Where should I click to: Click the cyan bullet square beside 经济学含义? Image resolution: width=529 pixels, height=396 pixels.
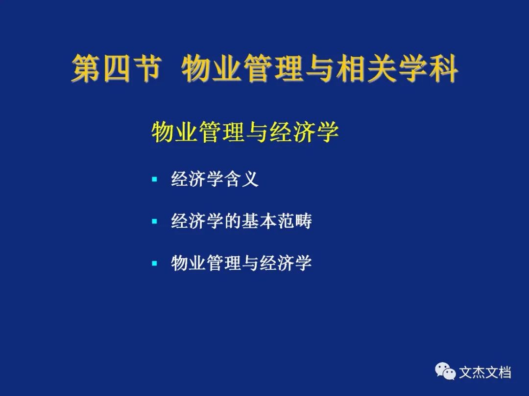(x=154, y=179)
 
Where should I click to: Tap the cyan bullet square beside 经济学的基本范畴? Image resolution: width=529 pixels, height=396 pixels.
(x=154, y=221)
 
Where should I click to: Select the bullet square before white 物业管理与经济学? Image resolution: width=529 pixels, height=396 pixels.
(x=154, y=264)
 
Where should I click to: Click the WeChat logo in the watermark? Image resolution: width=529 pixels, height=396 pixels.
(x=445, y=371)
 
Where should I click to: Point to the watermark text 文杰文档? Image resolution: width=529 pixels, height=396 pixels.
(x=485, y=373)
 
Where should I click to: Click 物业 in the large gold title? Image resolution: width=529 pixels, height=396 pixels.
(x=212, y=69)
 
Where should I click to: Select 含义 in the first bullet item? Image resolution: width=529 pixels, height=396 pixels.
(x=242, y=179)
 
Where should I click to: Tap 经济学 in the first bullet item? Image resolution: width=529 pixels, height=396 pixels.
(x=198, y=179)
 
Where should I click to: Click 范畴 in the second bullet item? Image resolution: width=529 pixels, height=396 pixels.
(x=295, y=221)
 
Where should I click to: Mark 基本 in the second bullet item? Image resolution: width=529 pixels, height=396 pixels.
(x=260, y=221)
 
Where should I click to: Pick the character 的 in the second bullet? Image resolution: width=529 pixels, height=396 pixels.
(x=234, y=221)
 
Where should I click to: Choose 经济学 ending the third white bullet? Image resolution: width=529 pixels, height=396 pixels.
(x=286, y=263)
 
